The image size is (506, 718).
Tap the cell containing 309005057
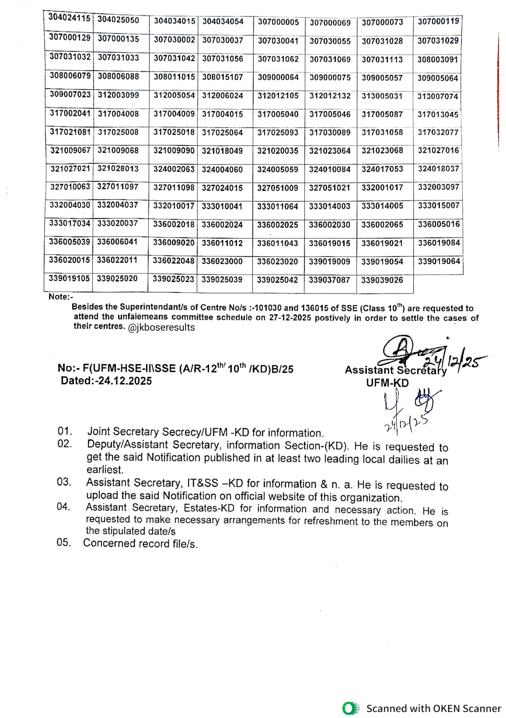point(382,78)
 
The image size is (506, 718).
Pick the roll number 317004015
point(222,114)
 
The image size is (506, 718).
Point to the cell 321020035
point(278,151)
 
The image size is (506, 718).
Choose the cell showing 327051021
point(330,188)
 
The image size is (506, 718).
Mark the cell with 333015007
point(439,206)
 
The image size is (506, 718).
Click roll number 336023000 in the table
point(222,261)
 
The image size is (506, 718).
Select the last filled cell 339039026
point(382,280)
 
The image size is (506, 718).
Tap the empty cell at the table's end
point(438,283)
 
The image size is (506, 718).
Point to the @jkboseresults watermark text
point(161,328)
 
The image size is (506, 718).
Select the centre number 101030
point(266,308)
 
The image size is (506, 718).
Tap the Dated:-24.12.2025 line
point(106,381)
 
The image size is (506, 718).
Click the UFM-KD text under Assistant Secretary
point(387,383)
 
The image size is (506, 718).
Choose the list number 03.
point(64,482)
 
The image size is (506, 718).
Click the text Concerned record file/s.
point(140,544)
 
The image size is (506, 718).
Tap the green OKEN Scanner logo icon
point(350,708)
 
